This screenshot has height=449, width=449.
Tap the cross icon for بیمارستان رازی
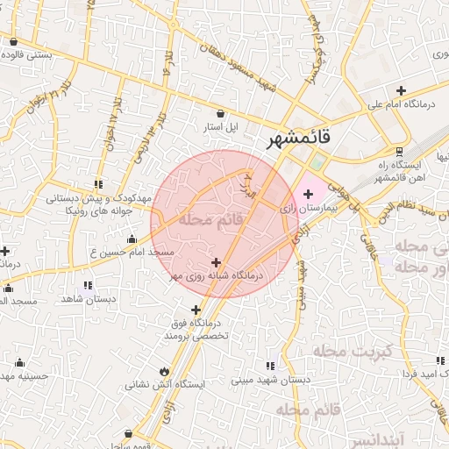tap(307, 193)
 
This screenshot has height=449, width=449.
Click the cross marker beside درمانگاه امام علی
tap(401, 90)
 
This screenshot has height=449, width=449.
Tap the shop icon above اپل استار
tap(219, 113)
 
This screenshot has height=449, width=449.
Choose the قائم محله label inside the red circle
tap(210, 219)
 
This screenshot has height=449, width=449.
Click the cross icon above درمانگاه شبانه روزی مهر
tap(217, 261)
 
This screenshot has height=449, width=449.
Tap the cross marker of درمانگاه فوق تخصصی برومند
tap(196, 310)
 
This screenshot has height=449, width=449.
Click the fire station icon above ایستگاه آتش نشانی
tap(166, 369)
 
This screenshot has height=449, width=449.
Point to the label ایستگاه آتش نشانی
tap(165, 383)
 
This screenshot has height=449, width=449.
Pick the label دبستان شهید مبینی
tap(268, 381)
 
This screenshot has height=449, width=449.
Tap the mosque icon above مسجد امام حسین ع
tap(132, 239)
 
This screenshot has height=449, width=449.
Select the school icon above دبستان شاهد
tap(87, 285)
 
